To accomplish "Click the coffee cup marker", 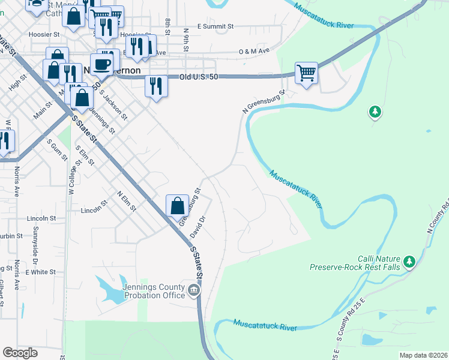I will point(101,64).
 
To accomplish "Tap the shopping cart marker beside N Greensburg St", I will point(306,73).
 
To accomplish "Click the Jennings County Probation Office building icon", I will point(194,291).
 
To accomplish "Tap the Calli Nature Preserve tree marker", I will point(409,261).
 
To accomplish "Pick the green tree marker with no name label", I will point(375,112).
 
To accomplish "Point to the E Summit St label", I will point(208,27).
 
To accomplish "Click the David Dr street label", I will point(197,226).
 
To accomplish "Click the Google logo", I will point(20,352).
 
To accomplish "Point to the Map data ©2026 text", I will point(423,355).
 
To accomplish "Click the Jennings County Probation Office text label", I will point(154,291).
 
